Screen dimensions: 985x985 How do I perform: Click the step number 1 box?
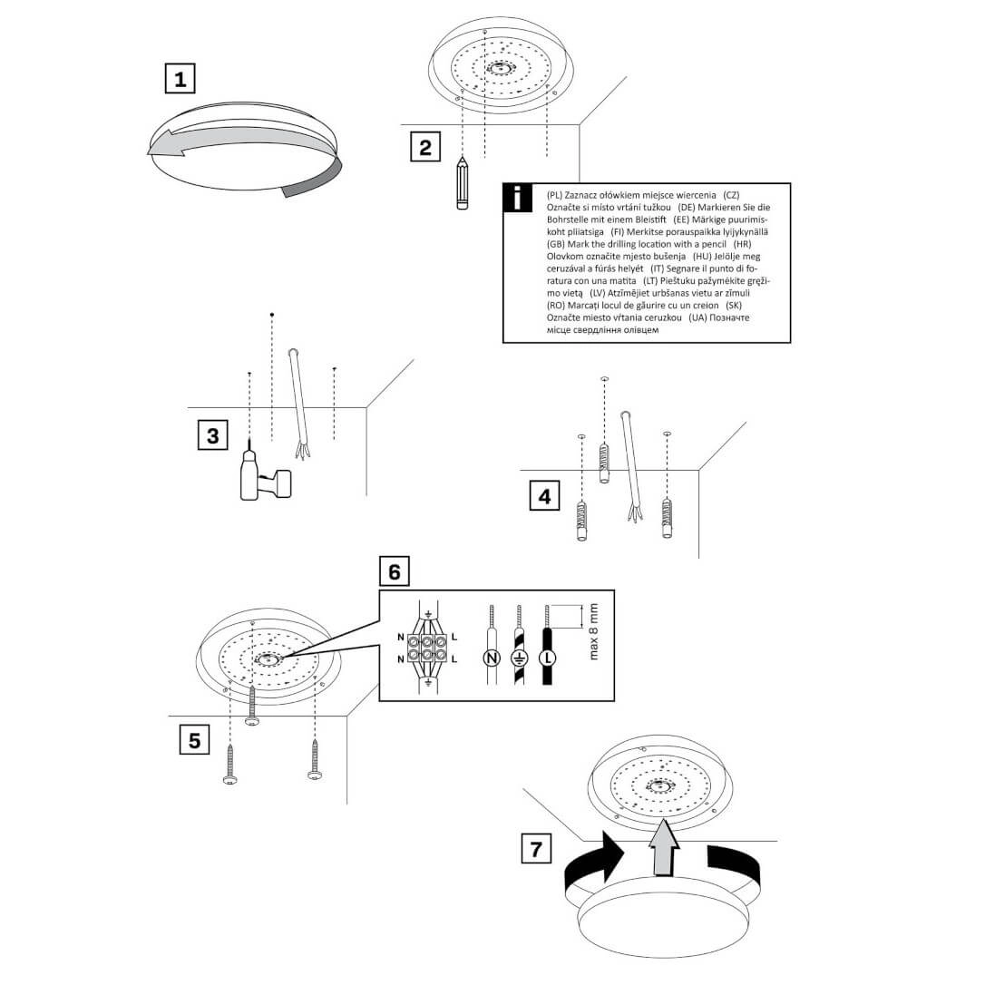[180, 78]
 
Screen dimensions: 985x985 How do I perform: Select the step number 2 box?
[425, 147]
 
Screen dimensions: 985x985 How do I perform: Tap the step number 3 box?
[212, 435]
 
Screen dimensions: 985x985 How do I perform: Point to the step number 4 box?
[544, 496]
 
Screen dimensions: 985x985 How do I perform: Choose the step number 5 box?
[194, 740]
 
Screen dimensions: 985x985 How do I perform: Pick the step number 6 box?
[394, 572]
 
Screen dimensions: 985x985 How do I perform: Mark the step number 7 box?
[536, 850]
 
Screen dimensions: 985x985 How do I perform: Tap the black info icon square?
[517, 198]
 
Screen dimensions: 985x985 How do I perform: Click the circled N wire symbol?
[492, 657]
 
